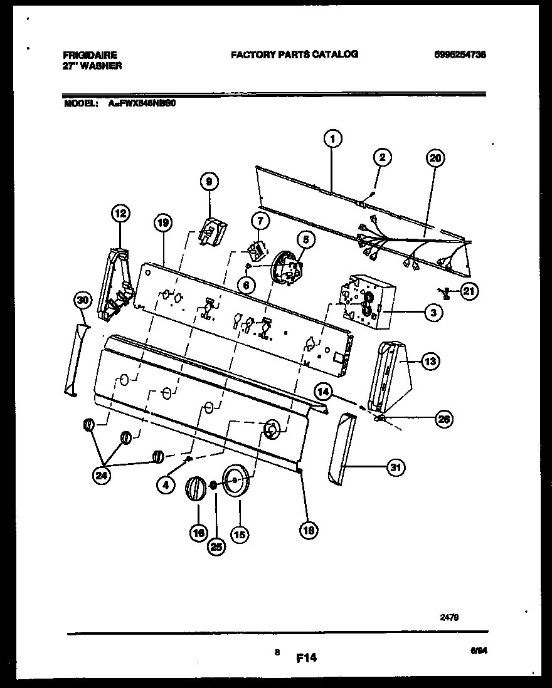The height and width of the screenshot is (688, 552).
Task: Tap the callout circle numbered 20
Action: (x=435, y=159)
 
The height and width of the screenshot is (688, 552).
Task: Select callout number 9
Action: (x=210, y=182)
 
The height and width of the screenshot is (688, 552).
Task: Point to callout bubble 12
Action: (x=120, y=214)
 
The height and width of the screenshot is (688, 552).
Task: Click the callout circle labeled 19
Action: (x=162, y=222)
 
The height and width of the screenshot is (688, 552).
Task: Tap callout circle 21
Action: (x=469, y=290)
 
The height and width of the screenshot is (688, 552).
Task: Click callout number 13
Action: (x=430, y=361)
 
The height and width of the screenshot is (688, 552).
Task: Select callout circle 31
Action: (x=396, y=467)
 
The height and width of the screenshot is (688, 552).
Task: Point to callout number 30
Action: (x=82, y=301)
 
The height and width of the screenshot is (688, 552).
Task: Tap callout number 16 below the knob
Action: (x=198, y=533)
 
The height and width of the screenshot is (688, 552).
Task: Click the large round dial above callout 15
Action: (x=236, y=481)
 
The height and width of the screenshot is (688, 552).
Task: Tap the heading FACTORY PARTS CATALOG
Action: (x=294, y=55)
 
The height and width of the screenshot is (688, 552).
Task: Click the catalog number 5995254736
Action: (x=459, y=55)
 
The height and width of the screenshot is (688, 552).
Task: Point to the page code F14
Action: (x=305, y=658)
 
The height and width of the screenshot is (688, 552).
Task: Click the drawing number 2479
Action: (x=450, y=617)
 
